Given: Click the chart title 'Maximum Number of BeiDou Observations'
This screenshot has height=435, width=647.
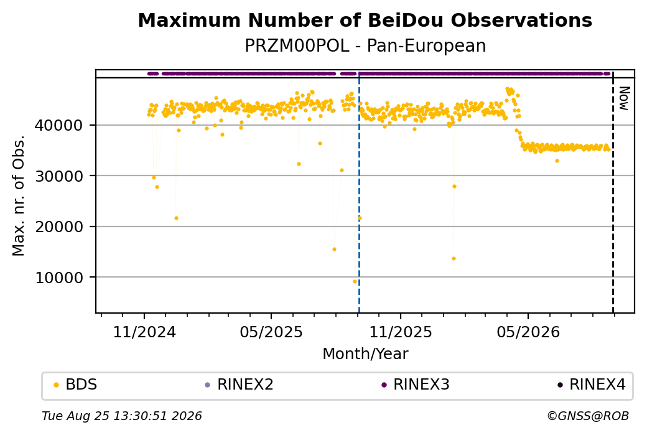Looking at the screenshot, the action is tap(365, 20).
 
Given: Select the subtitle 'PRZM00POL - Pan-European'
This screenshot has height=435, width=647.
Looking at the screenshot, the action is tap(365, 45).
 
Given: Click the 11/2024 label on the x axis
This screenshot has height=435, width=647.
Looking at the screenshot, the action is tap(144, 332).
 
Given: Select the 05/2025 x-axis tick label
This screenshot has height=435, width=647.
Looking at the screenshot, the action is tap(271, 332).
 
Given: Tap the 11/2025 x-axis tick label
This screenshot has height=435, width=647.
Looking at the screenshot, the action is tap(400, 332).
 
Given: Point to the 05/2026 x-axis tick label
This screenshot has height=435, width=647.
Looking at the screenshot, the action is tap(528, 332).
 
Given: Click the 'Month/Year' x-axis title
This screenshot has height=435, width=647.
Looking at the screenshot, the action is tap(365, 353).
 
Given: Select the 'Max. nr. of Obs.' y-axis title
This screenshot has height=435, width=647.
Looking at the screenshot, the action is tap(19, 195).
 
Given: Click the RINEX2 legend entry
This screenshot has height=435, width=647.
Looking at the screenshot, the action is tap(239, 385).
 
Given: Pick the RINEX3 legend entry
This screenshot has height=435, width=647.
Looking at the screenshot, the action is tap(415, 385).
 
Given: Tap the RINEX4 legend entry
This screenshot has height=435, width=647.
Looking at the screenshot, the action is tap(591, 385).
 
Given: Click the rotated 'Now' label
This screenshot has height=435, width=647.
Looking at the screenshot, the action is tap(625, 99).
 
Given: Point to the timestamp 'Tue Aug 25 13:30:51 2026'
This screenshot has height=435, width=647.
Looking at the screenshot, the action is tap(122, 416).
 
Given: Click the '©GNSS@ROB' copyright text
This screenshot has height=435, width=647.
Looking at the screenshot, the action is tap(588, 416).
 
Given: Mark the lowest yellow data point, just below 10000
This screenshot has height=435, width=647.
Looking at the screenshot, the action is tap(355, 281).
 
